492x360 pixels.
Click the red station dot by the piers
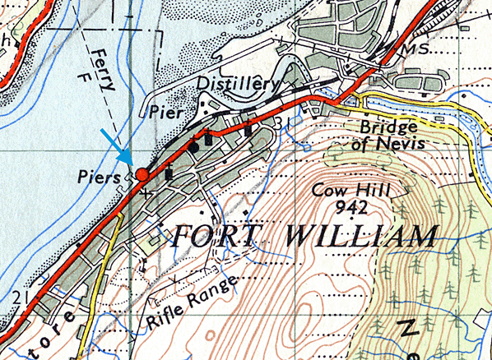tap(142, 174)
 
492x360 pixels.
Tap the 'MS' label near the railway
tap(410, 52)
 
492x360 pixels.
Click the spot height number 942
tap(359, 209)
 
